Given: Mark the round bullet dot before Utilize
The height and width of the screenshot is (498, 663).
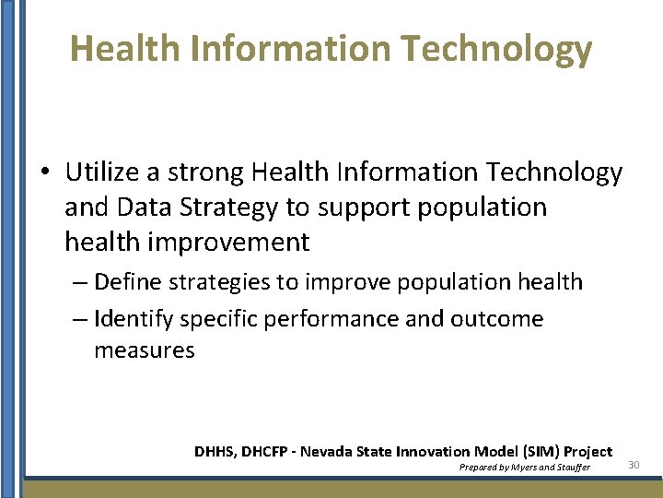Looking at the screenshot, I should click(x=44, y=173).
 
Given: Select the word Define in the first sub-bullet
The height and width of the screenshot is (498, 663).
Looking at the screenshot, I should click(x=124, y=281).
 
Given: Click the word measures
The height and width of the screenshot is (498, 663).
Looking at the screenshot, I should click(x=144, y=350).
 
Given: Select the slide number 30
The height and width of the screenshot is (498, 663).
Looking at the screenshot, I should click(x=634, y=465).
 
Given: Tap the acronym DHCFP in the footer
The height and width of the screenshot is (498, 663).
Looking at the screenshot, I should click(x=264, y=452).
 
